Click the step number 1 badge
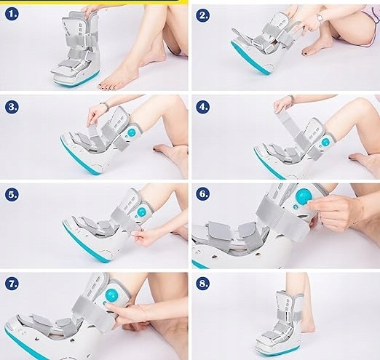click(x=12, y=14)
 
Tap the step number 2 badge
click(x=202, y=15)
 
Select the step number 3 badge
click(x=12, y=106)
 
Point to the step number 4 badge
click(x=202, y=106)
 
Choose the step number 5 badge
click(x=12, y=194)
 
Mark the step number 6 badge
click(x=202, y=193)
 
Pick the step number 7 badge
click(x=12, y=283)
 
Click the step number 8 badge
click(x=202, y=283)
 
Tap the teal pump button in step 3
click(x=132, y=132)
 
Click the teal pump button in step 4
click(x=325, y=142)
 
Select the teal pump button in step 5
click(x=141, y=212)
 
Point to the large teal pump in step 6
click(x=304, y=196)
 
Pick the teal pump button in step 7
click(x=111, y=295)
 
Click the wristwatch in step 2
click(x=320, y=17)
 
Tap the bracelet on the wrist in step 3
click(x=105, y=106)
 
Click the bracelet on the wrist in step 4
click(x=292, y=99)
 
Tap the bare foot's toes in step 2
click(x=307, y=52)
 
